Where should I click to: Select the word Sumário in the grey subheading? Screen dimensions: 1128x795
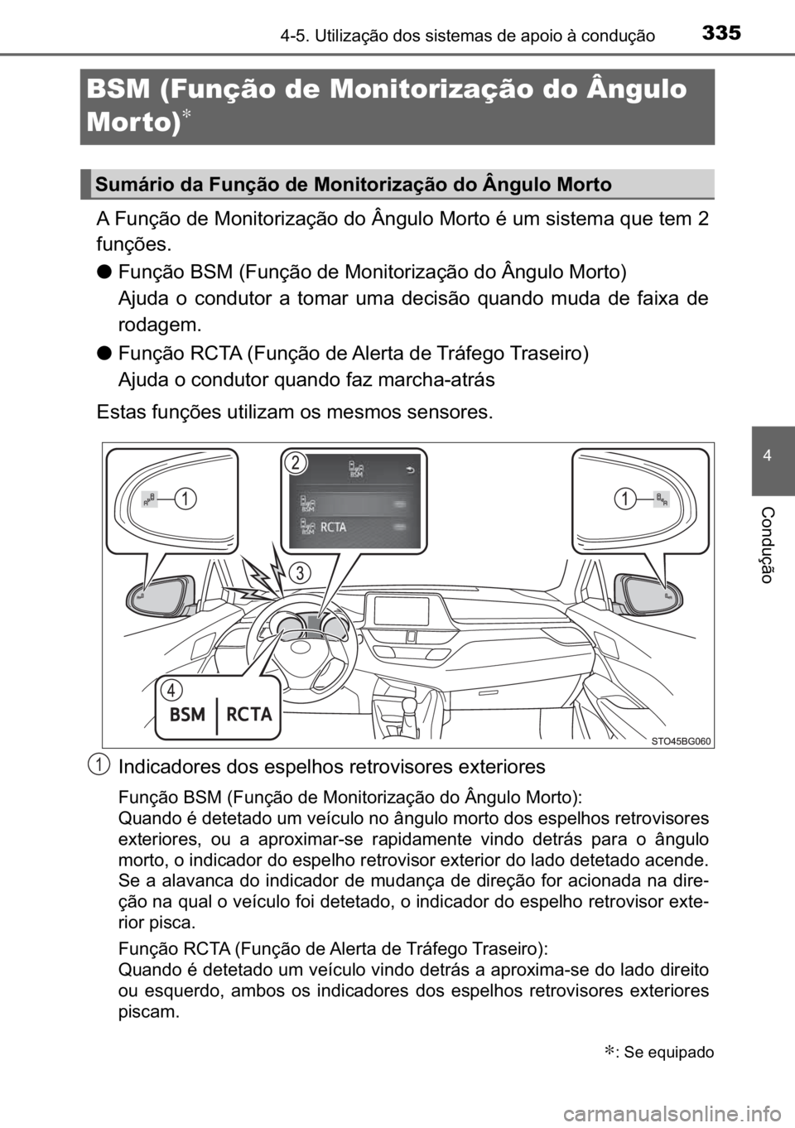130,186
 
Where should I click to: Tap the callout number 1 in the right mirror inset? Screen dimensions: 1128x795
627,498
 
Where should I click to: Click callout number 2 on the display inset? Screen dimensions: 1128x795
293,463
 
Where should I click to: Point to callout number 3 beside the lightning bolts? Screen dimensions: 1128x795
301,571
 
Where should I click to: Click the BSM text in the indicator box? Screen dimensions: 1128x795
187,714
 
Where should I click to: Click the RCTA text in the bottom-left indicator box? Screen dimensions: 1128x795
248,714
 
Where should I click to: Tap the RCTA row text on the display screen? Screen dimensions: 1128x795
334,528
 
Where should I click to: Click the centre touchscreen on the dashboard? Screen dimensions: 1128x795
401,611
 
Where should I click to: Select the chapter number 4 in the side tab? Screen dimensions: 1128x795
772,457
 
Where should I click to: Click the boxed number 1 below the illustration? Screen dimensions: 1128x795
99,764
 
